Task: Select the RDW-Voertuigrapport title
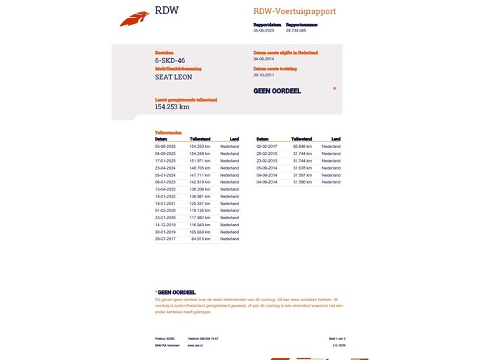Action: [x=294, y=11]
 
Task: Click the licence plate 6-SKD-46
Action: [x=170, y=61]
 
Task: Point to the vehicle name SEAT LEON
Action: [x=173, y=77]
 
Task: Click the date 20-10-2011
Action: [x=265, y=75]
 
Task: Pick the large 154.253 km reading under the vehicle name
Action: [x=172, y=107]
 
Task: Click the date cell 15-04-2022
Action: [x=165, y=190]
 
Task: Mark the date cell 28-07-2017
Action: [x=165, y=239]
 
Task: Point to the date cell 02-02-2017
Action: [x=267, y=146]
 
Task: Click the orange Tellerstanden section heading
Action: [x=168, y=132]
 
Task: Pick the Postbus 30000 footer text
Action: [x=165, y=338]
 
